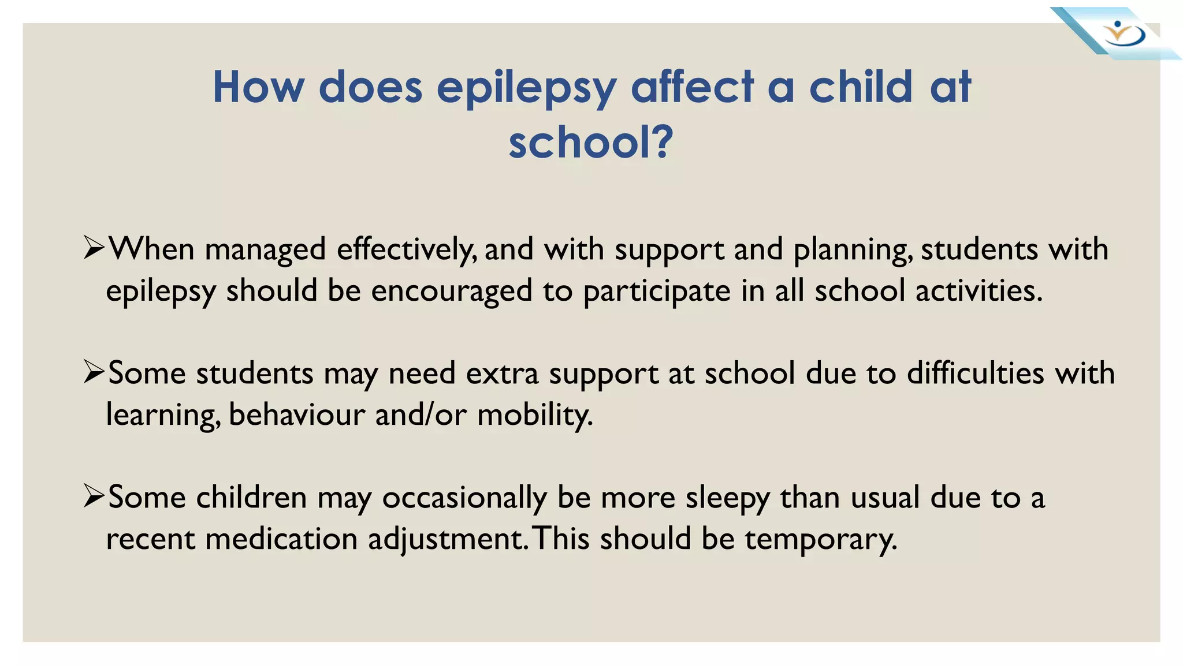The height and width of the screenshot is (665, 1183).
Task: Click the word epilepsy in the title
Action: (x=526, y=88)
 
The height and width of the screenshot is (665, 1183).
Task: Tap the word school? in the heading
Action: (x=590, y=143)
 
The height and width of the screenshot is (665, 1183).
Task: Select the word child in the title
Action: (x=860, y=87)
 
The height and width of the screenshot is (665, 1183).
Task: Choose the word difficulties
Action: (x=975, y=373)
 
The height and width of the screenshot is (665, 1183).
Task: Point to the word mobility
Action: (x=535, y=414)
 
